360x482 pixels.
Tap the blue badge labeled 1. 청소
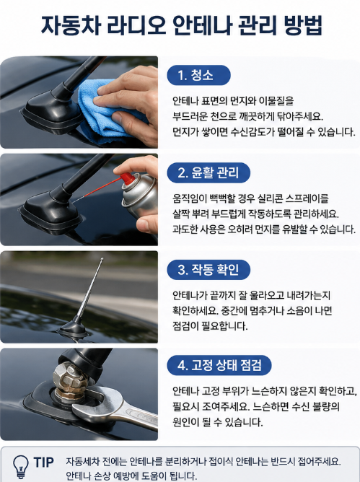[x=198, y=75]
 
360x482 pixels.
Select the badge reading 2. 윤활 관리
[x=208, y=172]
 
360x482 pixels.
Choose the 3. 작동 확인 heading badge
[x=208, y=270]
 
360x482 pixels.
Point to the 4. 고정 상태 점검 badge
[x=219, y=366]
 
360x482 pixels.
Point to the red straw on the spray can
[x=98, y=189]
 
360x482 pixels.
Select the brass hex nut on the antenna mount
[x=69, y=379]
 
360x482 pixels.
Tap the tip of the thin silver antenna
[x=102, y=259]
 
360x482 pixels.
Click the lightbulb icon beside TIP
[x=21, y=466]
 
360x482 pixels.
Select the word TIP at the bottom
[x=44, y=462]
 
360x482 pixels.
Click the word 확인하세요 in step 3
[x=196, y=311]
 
